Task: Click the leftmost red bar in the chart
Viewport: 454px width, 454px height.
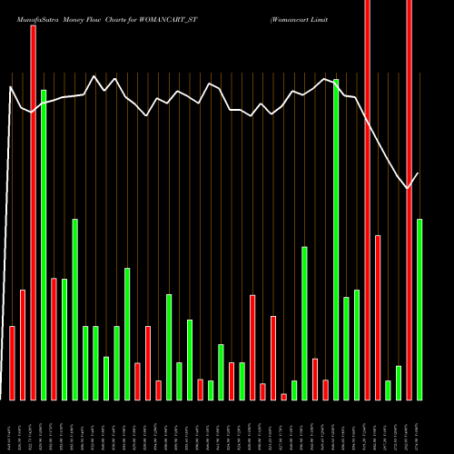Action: (x=12, y=362)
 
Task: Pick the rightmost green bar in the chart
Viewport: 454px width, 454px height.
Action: (x=419, y=309)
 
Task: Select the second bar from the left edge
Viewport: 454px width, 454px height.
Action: (x=23, y=344)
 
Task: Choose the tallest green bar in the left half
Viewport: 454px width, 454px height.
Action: (x=44, y=244)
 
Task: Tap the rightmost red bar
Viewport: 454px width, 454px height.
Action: (x=409, y=200)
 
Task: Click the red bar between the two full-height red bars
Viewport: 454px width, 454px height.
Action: (x=378, y=317)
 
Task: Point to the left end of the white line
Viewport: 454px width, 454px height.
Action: (x=10, y=87)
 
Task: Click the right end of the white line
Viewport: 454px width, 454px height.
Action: (x=419, y=173)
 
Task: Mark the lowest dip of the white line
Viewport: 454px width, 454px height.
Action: (x=409, y=188)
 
